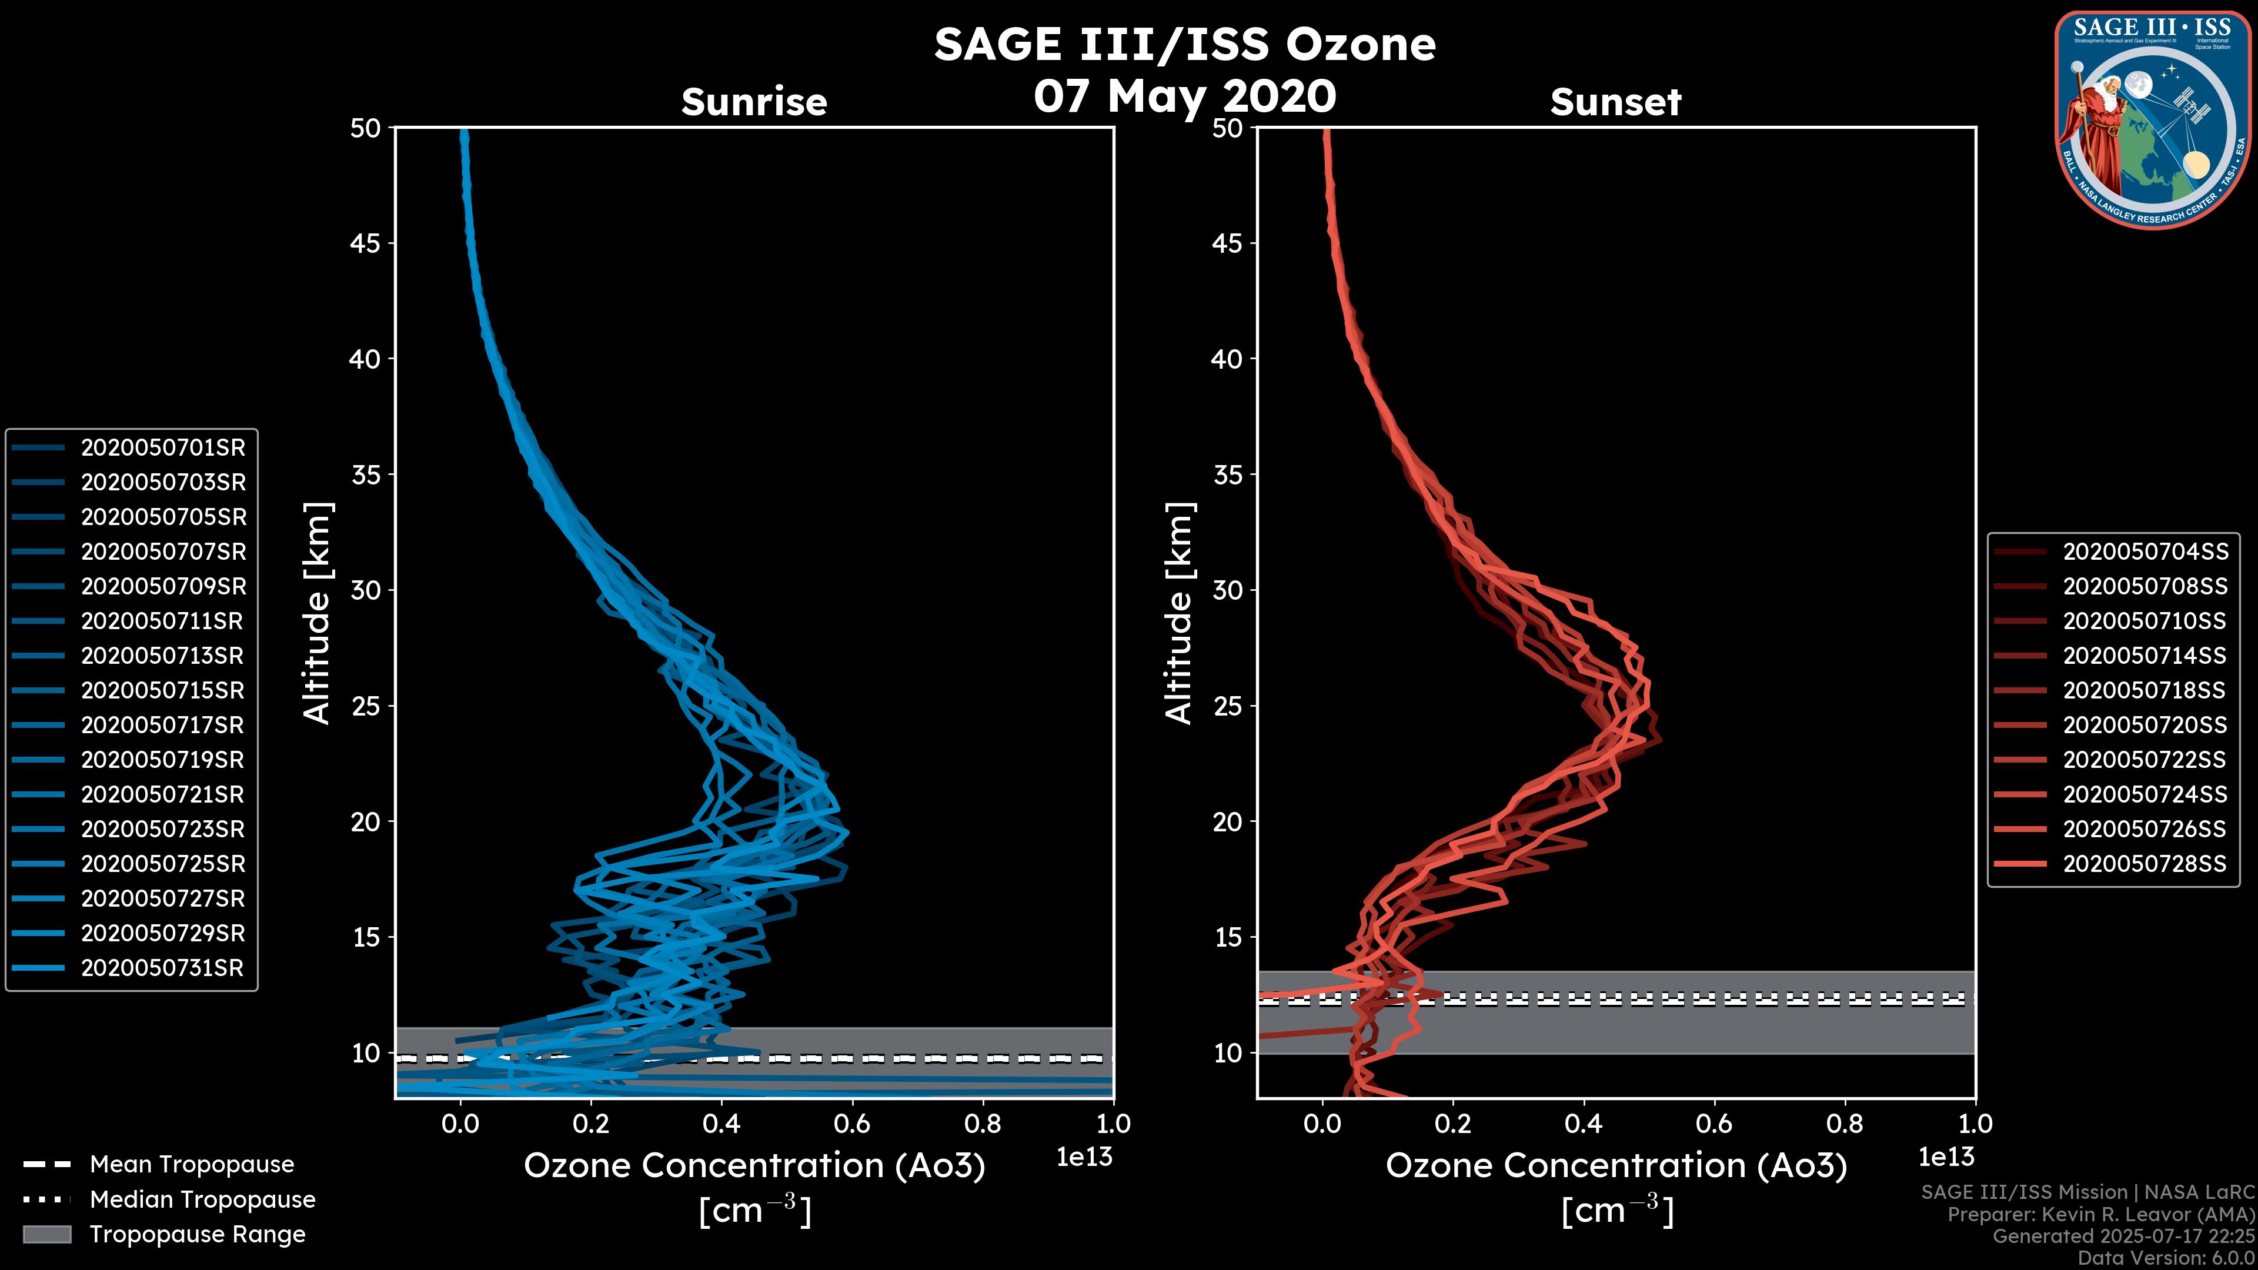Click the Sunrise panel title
point(754,102)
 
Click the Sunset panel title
point(1615,102)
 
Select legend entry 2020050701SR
point(163,448)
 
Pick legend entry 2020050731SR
point(162,968)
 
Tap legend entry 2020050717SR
point(162,726)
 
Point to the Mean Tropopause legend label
point(192,1165)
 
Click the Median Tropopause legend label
point(202,1200)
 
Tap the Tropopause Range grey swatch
point(46,1235)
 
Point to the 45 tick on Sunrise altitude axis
point(366,243)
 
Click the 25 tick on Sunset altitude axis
point(1228,706)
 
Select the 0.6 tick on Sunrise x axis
point(852,1124)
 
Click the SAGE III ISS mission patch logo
point(2153,119)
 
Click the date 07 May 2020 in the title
point(1184,96)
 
